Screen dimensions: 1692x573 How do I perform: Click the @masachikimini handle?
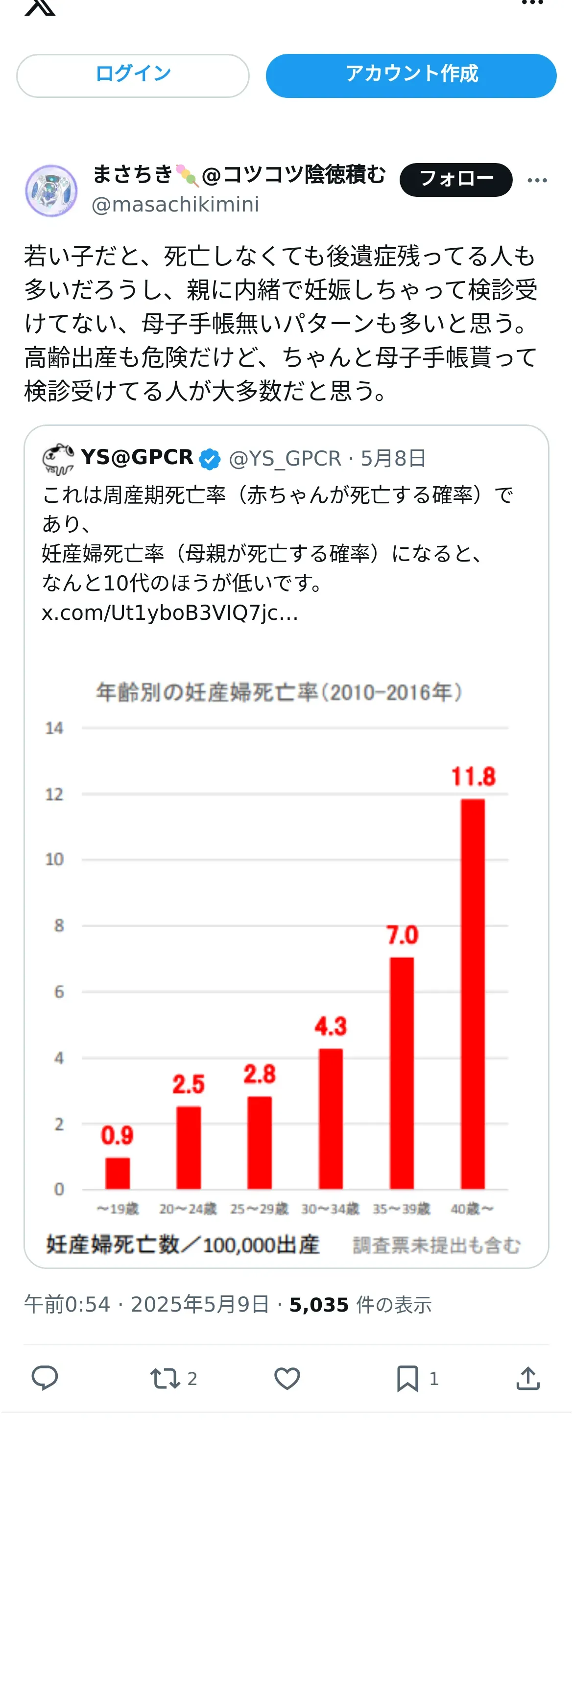[175, 205]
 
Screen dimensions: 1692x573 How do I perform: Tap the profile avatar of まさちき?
[51, 190]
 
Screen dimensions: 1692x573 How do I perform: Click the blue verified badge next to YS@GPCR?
[210, 459]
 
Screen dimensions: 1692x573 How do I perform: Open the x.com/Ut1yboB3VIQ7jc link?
[169, 613]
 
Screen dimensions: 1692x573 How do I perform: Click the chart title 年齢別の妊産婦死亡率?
[279, 692]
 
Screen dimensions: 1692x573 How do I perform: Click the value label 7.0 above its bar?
[402, 935]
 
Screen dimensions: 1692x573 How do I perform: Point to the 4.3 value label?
[331, 1026]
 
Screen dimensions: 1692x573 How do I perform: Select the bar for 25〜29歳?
[260, 1142]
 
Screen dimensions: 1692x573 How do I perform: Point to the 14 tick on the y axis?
[54, 728]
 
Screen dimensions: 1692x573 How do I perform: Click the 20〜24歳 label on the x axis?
[188, 1209]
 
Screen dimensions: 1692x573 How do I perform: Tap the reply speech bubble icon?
[45, 1378]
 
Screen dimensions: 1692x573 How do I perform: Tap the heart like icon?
[286, 1378]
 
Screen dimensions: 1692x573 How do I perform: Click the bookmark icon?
[407, 1378]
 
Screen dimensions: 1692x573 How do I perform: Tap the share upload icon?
[527, 1378]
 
